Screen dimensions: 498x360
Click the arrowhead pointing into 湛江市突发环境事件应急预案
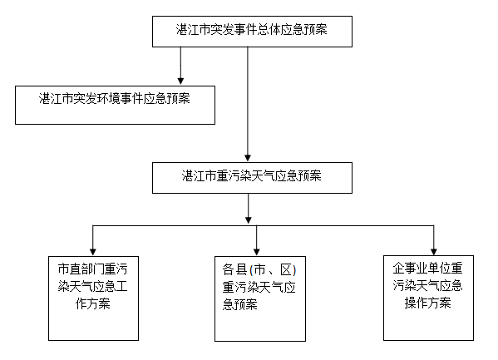180,81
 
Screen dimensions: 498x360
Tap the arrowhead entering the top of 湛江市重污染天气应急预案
248,158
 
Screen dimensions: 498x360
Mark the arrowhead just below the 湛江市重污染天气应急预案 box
249,219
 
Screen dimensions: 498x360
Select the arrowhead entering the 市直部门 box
93,251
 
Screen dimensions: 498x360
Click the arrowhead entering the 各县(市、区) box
257,251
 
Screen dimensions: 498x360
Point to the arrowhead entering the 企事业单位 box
434,251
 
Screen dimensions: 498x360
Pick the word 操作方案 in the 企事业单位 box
428,303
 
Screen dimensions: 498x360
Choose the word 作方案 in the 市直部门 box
93,303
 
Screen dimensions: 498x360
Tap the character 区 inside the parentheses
286,269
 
